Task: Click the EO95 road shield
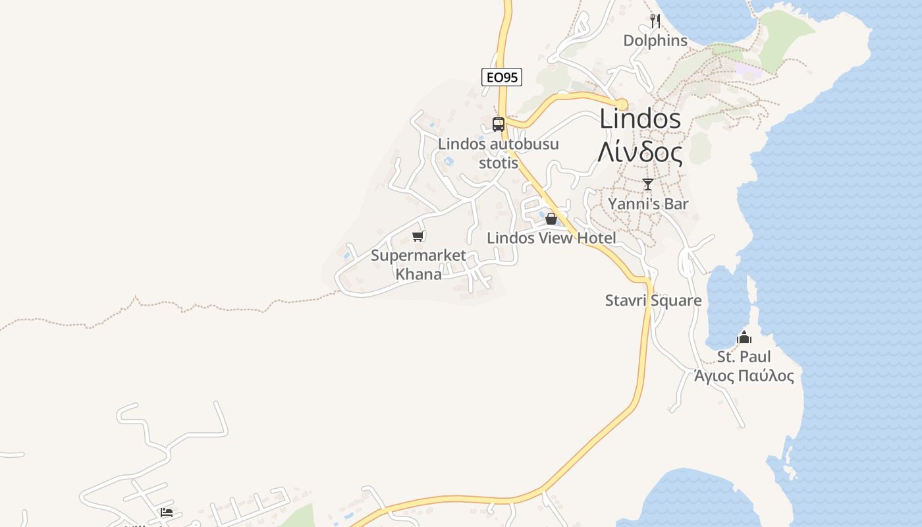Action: (x=502, y=77)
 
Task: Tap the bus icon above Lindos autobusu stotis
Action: (x=499, y=124)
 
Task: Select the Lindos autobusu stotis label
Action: (x=499, y=153)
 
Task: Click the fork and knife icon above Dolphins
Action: (x=655, y=21)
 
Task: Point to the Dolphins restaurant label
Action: (x=655, y=41)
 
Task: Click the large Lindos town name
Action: (x=640, y=119)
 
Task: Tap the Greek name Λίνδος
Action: (x=640, y=152)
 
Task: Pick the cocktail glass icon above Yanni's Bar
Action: (x=648, y=184)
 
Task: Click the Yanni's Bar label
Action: (x=648, y=204)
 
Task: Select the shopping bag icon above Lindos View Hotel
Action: (x=551, y=219)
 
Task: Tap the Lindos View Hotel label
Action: (x=551, y=238)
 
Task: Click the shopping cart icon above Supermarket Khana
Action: (x=418, y=236)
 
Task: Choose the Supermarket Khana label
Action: (x=418, y=264)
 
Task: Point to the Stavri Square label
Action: (x=653, y=301)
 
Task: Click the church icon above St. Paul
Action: (x=744, y=337)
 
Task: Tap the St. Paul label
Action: (x=744, y=357)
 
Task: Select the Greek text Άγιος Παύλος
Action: (x=744, y=376)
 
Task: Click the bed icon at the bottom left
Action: (x=167, y=512)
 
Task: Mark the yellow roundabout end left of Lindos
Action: (x=622, y=104)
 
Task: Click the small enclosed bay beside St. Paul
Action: (x=726, y=310)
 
